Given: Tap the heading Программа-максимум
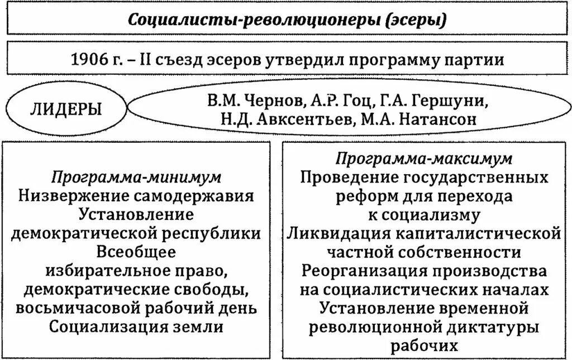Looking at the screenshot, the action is pos(423,159).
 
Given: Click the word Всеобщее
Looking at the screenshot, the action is pos(137,251).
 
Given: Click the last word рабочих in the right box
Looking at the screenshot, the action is pos(423,345).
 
